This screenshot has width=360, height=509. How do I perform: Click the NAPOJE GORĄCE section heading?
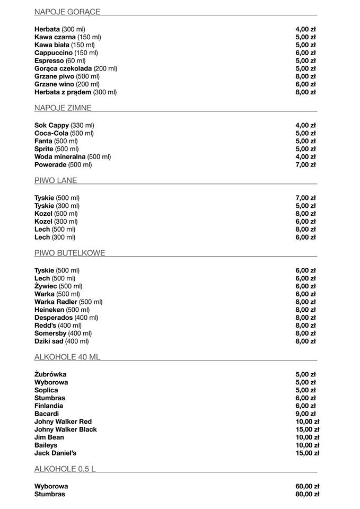pyautogui.click(x=67, y=12)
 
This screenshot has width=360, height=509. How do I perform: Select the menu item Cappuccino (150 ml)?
pyautogui.click(x=66, y=53)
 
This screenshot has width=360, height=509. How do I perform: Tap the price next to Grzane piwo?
pyautogui.click(x=305, y=76)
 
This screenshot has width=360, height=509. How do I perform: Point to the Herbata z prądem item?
pyautogui.click(x=75, y=92)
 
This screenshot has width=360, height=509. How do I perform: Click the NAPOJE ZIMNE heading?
pyautogui.click(x=63, y=108)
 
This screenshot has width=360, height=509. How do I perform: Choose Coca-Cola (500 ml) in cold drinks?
pyautogui.click(x=64, y=133)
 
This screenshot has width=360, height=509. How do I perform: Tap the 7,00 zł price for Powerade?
pyautogui.click(x=305, y=165)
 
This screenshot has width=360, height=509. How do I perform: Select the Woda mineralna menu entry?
pyautogui.click(x=73, y=157)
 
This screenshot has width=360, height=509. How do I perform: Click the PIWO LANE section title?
pyautogui.click(x=56, y=180)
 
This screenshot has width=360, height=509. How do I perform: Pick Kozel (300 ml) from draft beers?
pyautogui.click(x=56, y=222)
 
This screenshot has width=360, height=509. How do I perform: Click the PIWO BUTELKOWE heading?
pyautogui.click(x=70, y=253)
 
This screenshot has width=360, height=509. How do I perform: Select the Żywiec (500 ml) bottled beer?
pyautogui.click(x=58, y=286)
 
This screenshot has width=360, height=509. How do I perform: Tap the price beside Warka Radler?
pyautogui.click(x=305, y=302)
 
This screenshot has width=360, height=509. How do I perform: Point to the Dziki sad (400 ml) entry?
pyautogui.click(x=62, y=341)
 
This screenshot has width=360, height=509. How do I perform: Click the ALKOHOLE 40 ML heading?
pyautogui.click(x=67, y=357)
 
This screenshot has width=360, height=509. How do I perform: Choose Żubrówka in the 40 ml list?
pyautogui.click(x=50, y=374)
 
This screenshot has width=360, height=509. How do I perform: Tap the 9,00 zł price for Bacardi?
pyautogui.click(x=305, y=414)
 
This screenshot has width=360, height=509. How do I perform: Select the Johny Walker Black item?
pyautogui.click(x=66, y=429)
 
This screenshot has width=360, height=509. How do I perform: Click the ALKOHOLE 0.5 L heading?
pyautogui.click(x=65, y=469)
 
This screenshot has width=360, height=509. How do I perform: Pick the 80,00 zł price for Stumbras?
pyautogui.click(x=308, y=494)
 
